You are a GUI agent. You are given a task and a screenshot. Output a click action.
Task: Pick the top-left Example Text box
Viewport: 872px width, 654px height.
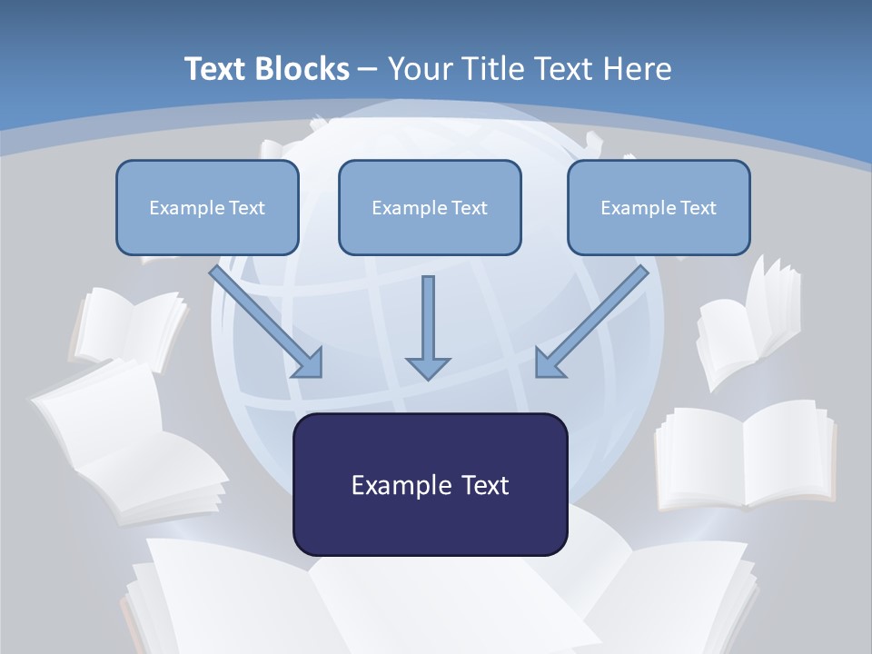click(x=207, y=207)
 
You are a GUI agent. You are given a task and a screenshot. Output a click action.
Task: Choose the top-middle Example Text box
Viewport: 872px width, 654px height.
click(x=430, y=207)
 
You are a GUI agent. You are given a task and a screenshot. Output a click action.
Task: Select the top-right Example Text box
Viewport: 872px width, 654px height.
click(x=659, y=207)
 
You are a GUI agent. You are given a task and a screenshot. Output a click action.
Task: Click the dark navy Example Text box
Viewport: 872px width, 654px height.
click(x=430, y=484)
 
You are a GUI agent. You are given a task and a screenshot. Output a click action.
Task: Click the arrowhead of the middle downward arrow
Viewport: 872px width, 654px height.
click(x=428, y=366)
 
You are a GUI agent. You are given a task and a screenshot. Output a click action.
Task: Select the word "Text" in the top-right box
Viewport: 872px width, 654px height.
click(x=698, y=207)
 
